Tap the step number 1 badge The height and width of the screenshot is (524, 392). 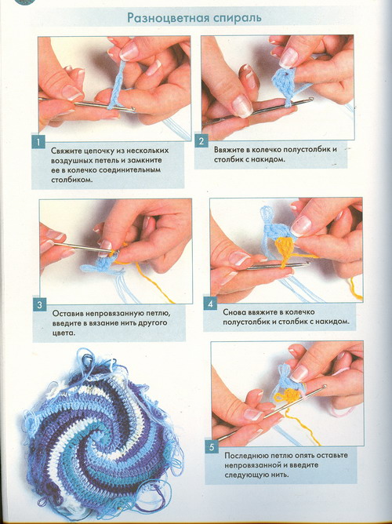38,142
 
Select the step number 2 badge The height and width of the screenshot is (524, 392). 201,141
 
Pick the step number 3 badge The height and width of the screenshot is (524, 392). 40,304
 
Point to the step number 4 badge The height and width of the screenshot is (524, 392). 210,304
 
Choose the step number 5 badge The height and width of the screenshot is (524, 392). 212,447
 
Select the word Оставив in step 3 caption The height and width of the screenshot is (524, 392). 67,314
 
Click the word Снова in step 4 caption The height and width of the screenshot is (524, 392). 234,312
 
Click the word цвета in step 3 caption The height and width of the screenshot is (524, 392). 64,333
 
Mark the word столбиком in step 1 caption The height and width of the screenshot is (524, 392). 72,180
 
